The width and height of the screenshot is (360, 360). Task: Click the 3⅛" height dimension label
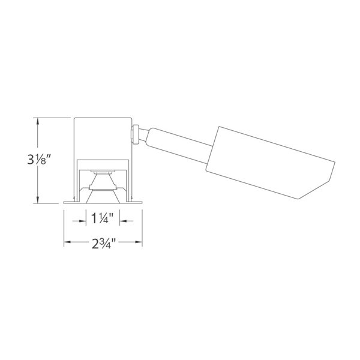[39, 160]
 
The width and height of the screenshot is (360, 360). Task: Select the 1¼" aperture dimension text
[103, 218]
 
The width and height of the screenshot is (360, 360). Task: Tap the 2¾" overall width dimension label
[103, 244]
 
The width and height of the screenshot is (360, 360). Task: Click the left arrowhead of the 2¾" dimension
[67, 242]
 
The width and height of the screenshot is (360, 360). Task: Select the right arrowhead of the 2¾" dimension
[139, 242]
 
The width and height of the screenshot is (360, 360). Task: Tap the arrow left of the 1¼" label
[79, 221]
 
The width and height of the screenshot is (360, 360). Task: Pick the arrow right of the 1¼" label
[126, 221]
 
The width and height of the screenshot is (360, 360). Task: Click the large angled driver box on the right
[271, 163]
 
